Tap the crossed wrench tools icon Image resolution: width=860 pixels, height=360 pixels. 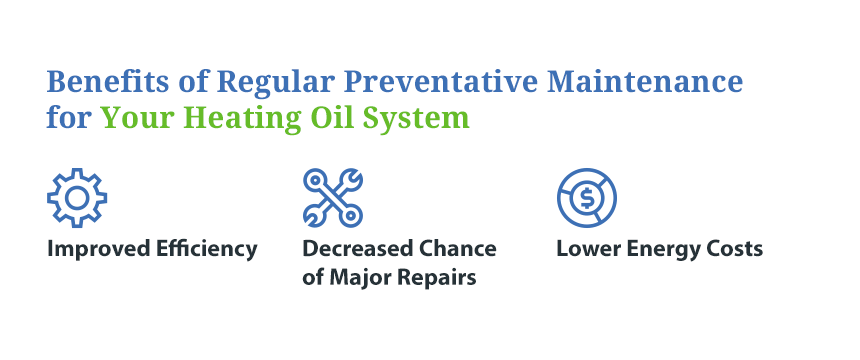point(333,198)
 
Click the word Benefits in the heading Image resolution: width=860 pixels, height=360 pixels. point(108,82)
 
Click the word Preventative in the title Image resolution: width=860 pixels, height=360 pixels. point(442,82)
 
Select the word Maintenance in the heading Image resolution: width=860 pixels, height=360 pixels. point(645,82)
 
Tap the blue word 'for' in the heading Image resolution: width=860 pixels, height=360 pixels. point(69,117)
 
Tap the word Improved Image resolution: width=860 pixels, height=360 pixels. point(99,250)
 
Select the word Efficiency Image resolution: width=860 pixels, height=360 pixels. point(206,250)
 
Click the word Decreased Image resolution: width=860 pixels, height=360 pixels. point(357,249)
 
